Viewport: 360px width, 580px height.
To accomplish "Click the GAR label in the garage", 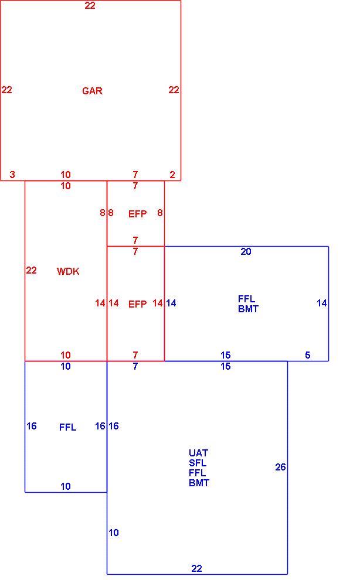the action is pyautogui.click(x=92, y=91).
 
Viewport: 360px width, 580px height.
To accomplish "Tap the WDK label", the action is pyautogui.click(x=68, y=271).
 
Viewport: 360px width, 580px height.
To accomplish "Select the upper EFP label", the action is pyautogui.click(x=137, y=214).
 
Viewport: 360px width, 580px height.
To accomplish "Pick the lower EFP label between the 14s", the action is pyautogui.click(x=137, y=304).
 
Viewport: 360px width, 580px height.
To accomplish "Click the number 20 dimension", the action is pyautogui.click(x=246, y=251).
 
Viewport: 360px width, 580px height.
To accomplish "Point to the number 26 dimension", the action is pyautogui.click(x=280, y=467).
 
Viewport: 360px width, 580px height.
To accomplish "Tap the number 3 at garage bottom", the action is pyautogui.click(x=12, y=175).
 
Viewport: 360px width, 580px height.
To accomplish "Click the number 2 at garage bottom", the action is pyautogui.click(x=172, y=175).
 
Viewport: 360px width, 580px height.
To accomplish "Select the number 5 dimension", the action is pyautogui.click(x=307, y=355).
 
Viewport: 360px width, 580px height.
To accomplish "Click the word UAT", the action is pyautogui.click(x=199, y=453).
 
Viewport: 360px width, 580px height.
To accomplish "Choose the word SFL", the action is pyautogui.click(x=198, y=463).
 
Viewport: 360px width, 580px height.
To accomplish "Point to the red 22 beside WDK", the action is pyautogui.click(x=31, y=271).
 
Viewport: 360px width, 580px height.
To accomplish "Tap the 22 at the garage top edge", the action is pyautogui.click(x=90, y=5).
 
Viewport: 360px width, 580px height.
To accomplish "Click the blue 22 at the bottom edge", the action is pyautogui.click(x=196, y=568).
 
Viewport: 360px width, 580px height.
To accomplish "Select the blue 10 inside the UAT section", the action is pyautogui.click(x=114, y=533).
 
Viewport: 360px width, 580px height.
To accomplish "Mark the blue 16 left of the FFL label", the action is pyautogui.click(x=32, y=426).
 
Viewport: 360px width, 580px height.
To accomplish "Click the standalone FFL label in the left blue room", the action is pyautogui.click(x=68, y=427).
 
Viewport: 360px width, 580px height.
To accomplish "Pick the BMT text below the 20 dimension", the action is pyautogui.click(x=248, y=309).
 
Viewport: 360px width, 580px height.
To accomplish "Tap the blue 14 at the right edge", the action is pyautogui.click(x=321, y=303).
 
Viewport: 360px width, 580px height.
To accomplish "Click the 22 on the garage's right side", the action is pyautogui.click(x=174, y=90).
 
